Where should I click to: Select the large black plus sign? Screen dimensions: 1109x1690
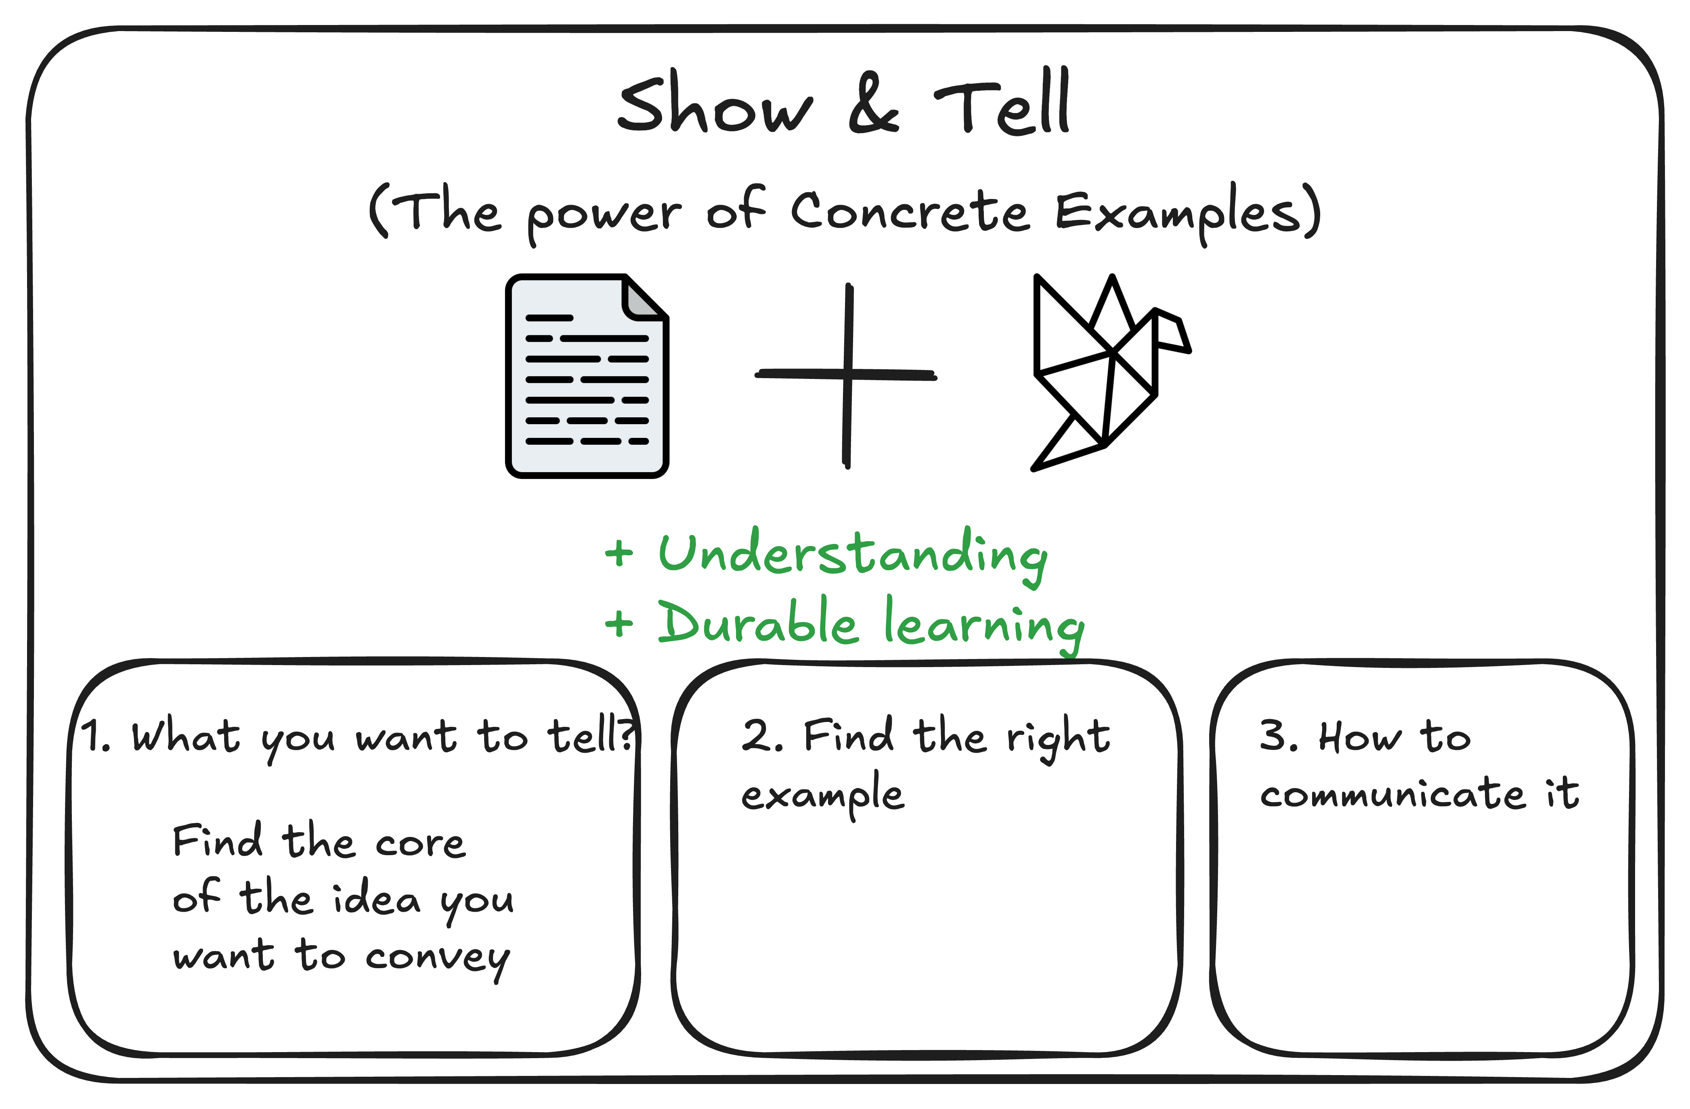pyautogui.click(x=847, y=375)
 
